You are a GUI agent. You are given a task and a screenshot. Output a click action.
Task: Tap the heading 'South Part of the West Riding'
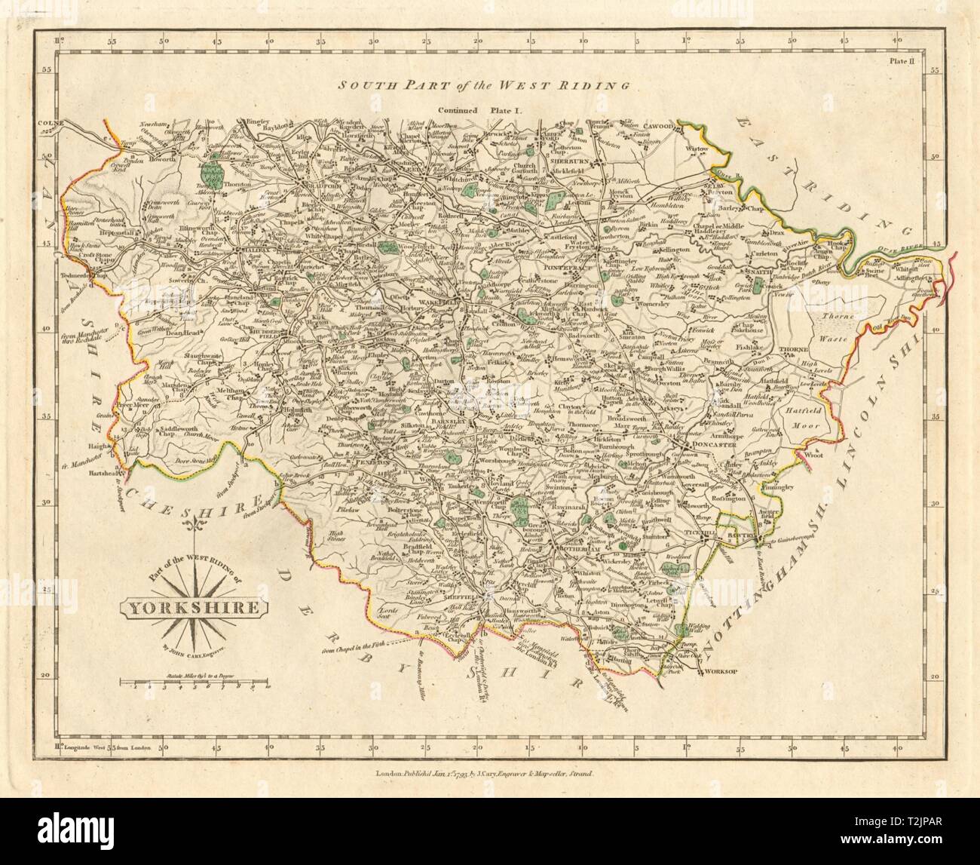pyautogui.click(x=483, y=86)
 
